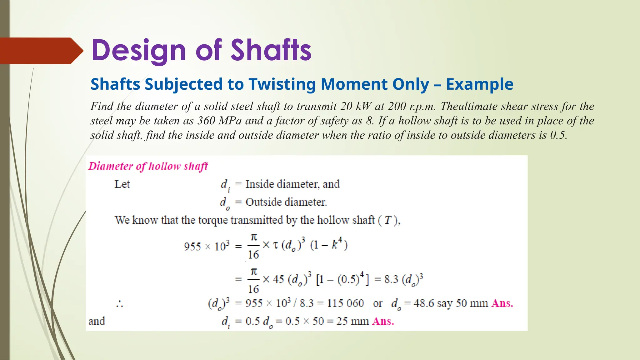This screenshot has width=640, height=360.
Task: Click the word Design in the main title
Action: coord(139,51)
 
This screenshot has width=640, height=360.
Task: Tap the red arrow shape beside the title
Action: coord(41,51)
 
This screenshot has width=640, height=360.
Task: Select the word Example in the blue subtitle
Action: coord(479,84)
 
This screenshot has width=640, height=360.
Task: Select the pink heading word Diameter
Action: coord(111,166)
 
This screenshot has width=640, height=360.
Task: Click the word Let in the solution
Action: coord(122,184)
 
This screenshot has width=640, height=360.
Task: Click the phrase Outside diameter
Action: coord(286,202)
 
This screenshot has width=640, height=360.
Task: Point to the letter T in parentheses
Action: coord(388,220)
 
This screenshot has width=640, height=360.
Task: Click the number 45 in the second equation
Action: coord(278,279)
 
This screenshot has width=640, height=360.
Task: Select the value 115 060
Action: coord(345,303)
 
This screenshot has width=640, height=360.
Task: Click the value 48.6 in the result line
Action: coord(424,303)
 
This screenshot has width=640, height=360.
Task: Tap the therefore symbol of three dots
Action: coord(119,304)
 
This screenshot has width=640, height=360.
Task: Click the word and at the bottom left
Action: coord(97,321)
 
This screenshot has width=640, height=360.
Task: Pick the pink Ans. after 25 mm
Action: coord(383,321)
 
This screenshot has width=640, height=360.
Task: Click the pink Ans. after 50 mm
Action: coord(502,303)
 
